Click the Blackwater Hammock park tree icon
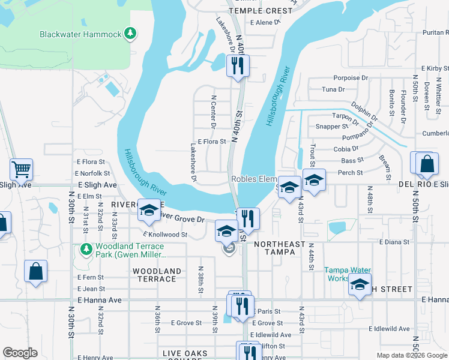(130, 34)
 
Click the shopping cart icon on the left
(21, 170)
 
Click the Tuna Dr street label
(333, 89)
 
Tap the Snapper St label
(332, 127)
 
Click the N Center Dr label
(213, 112)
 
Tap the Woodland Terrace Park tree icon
(85, 248)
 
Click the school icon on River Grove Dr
(149, 210)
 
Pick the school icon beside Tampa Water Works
(359, 286)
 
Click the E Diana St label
(394, 242)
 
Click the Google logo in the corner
(20, 353)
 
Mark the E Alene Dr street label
(264, 22)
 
